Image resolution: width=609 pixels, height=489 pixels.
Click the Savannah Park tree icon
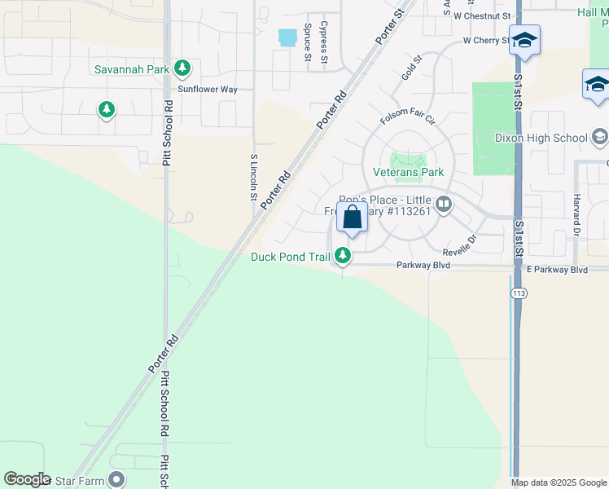[x=184, y=68]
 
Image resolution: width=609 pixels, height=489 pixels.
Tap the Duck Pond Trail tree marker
[x=344, y=257]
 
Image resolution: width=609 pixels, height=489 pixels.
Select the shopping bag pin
[x=352, y=218]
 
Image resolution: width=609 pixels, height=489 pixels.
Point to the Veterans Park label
[x=408, y=172]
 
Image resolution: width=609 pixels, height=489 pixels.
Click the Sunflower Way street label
[x=208, y=89]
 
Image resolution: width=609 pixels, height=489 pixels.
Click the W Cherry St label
[x=486, y=40]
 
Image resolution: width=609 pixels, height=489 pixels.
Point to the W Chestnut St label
[x=482, y=15]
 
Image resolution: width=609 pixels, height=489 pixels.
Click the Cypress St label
[x=324, y=42]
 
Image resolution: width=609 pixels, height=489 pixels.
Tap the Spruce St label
[x=308, y=42]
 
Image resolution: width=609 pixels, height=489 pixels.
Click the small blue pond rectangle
[x=287, y=37]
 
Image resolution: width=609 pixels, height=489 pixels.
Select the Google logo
[x=27, y=479]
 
